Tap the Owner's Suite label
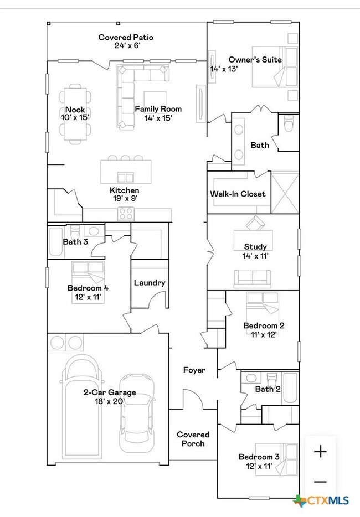(x=255, y=59)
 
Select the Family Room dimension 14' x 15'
(x=158, y=117)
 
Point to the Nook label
(x=75, y=110)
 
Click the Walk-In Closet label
(x=237, y=194)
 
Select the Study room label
(x=255, y=246)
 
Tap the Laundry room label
(x=150, y=282)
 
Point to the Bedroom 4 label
(x=88, y=288)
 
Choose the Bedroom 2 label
(x=264, y=325)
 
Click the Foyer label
(x=194, y=370)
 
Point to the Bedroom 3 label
(x=259, y=457)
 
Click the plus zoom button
(x=320, y=452)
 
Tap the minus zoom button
(x=320, y=481)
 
